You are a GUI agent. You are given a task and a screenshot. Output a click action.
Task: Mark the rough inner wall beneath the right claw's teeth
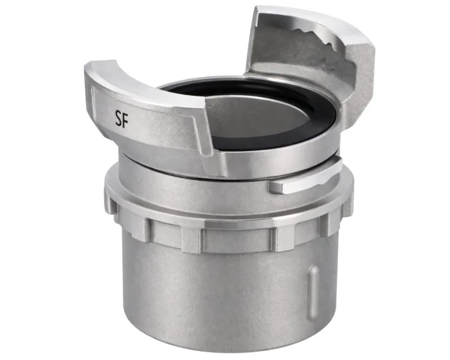tap(289, 71)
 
